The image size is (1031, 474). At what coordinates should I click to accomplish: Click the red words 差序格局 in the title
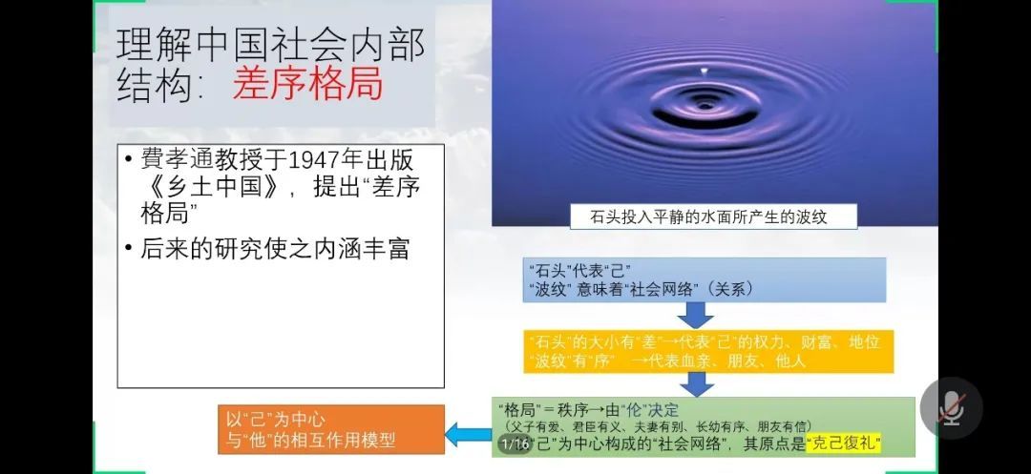pyautogui.click(x=307, y=85)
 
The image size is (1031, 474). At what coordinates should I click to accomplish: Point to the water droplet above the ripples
pyautogui.click(x=705, y=71)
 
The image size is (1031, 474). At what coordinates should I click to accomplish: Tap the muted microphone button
pyautogui.click(x=952, y=408)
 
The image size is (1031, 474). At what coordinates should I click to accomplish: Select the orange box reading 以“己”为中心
pyautogui.click(x=331, y=429)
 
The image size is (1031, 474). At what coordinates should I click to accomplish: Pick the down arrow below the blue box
pyautogui.click(x=696, y=315)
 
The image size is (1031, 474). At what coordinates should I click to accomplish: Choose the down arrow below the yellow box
pyautogui.click(x=697, y=384)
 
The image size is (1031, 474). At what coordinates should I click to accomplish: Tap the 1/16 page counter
pyautogui.click(x=515, y=443)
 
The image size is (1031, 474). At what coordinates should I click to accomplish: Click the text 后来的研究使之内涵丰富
pyautogui.click(x=275, y=249)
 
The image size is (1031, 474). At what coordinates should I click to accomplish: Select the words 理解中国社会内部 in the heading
pyautogui.click(x=271, y=45)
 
